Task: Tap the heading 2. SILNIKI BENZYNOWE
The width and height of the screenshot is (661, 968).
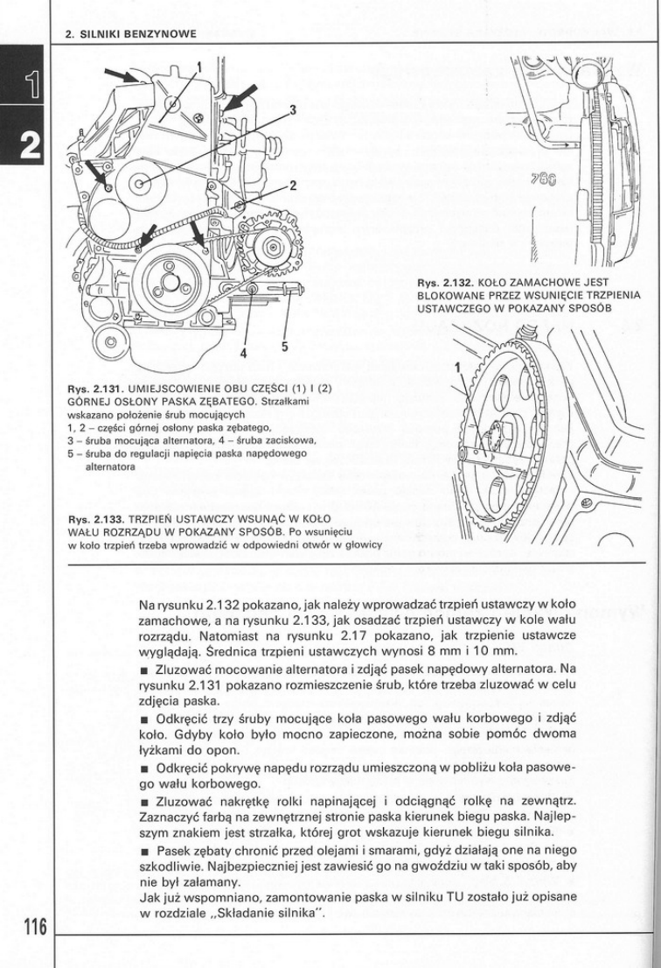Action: [x=130, y=34]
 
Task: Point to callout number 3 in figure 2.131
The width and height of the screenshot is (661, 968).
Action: [x=293, y=109]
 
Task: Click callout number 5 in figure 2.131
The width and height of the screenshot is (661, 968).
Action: [x=284, y=347]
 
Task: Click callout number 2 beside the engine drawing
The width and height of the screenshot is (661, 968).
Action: [x=293, y=185]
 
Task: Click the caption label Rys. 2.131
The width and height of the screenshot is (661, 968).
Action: [x=95, y=386]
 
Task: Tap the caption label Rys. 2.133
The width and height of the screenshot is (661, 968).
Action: [x=95, y=518]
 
